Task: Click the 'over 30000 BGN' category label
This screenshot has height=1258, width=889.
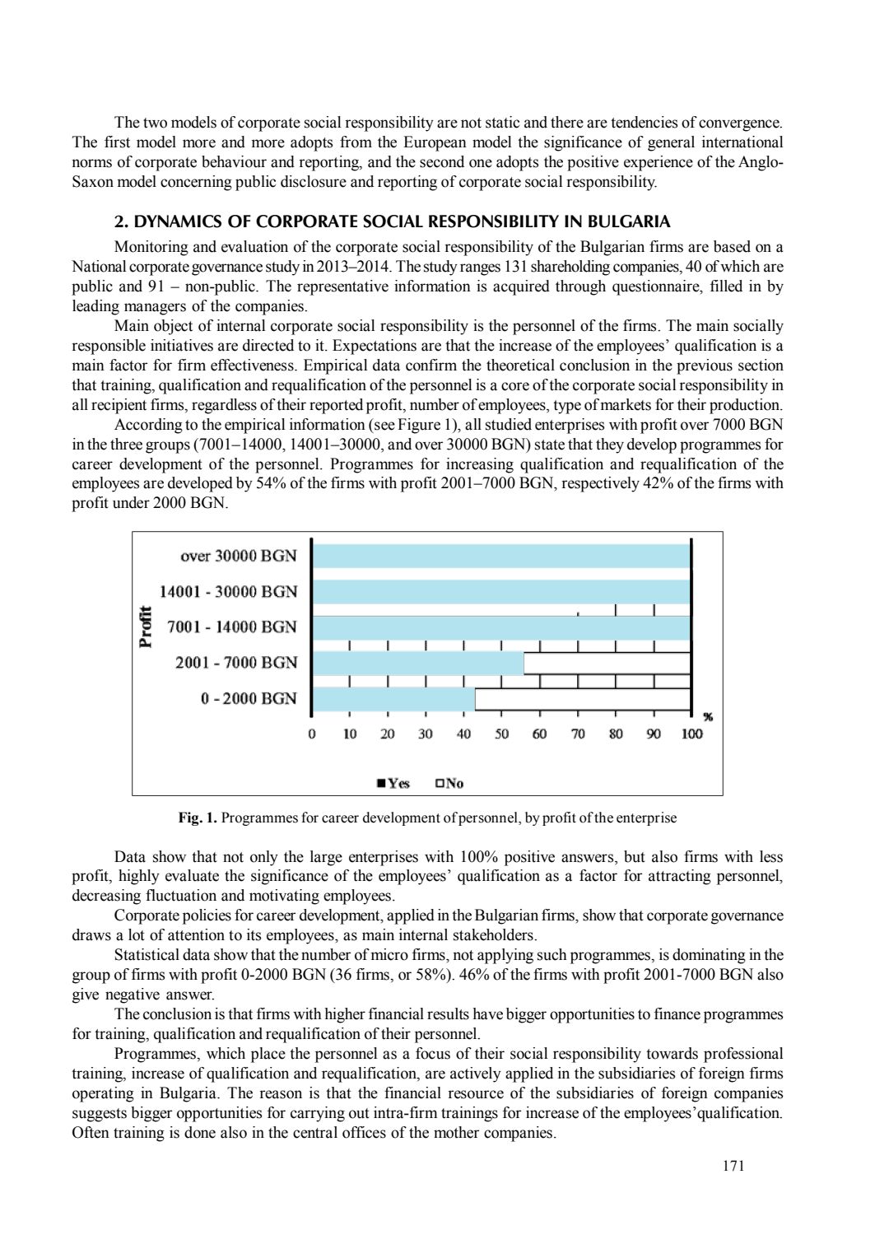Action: click(238, 556)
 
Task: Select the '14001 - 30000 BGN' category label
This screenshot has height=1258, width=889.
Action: click(228, 591)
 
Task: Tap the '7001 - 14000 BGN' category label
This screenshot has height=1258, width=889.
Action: click(231, 627)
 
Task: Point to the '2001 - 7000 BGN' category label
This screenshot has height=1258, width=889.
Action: click(236, 663)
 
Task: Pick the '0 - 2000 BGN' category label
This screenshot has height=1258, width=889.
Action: click(249, 698)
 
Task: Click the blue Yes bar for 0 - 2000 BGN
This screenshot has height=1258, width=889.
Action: click(396, 698)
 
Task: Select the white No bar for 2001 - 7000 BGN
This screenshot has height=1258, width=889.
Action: click(607, 663)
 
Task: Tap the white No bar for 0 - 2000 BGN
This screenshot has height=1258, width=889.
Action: click(582, 698)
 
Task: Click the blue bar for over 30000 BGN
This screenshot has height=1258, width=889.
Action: click(502, 556)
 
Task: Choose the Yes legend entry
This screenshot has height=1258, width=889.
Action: click(393, 783)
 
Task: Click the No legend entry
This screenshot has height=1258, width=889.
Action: click(449, 783)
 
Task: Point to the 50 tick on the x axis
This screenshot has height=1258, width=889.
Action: click(501, 733)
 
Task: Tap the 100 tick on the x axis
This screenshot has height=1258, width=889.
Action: click(691, 733)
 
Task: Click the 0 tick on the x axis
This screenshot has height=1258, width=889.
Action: click(311, 733)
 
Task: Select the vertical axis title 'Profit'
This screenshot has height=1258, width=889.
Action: click(147, 627)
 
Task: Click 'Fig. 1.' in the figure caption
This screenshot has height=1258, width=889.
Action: click(198, 818)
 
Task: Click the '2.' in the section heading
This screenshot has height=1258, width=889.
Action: click(120, 221)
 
